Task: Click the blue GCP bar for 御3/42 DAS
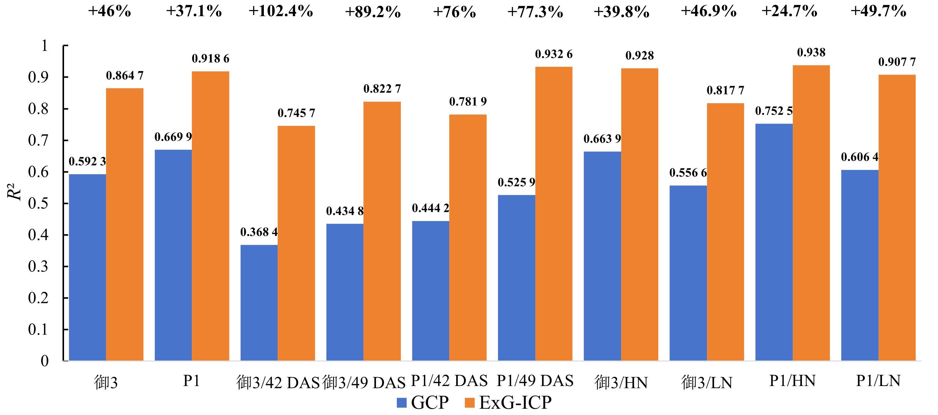click(x=259, y=303)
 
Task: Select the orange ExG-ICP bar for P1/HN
click(x=811, y=213)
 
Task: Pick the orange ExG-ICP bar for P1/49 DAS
click(x=553, y=214)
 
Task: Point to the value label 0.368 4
click(x=259, y=232)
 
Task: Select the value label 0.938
click(x=811, y=52)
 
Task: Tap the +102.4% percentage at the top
click(x=281, y=11)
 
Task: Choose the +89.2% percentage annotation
click(x=373, y=12)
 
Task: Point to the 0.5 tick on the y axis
click(x=38, y=203)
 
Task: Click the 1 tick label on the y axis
click(x=44, y=46)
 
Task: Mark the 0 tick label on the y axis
click(x=44, y=361)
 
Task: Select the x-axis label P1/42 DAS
click(x=449, y=381)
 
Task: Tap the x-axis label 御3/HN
click(x=621, y=382)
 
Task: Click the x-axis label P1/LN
click(x=878, y=381)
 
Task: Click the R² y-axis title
click(x=15, y=193)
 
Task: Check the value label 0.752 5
click(x=774, y=111)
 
